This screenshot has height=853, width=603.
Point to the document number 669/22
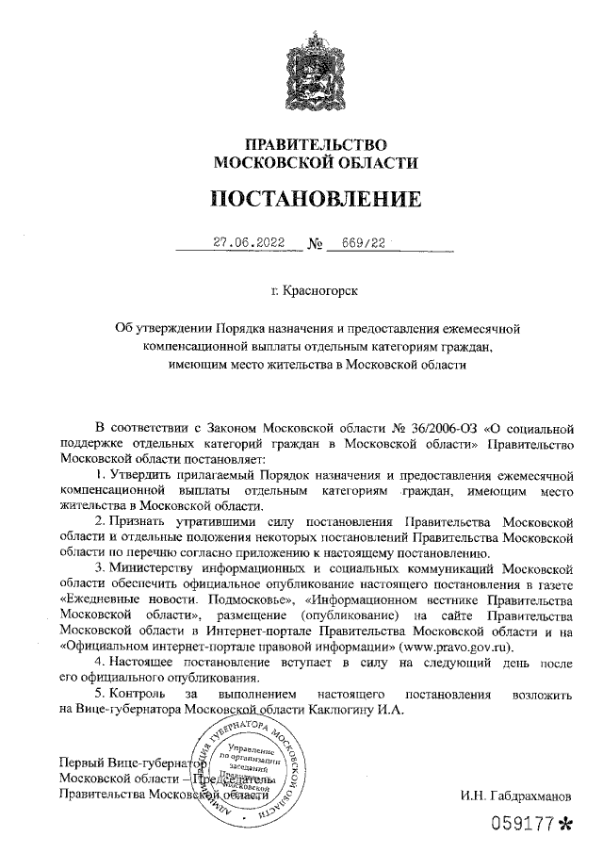(x=363, y=242)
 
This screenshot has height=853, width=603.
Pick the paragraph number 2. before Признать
(x=102, y=521)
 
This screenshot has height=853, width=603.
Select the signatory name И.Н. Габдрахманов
(x=515, y=797)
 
